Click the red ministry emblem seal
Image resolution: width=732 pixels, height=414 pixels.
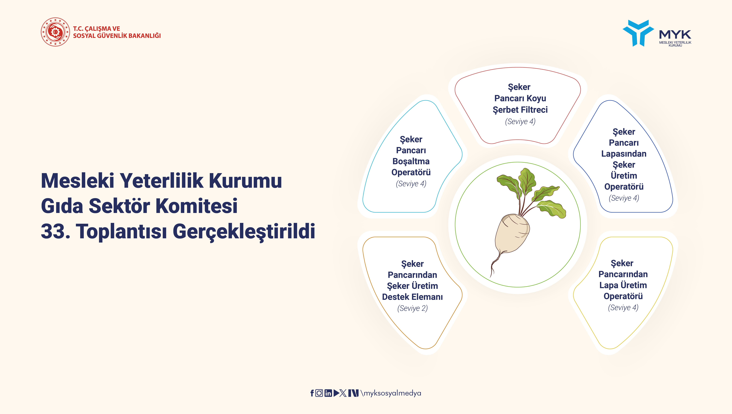point(55,32)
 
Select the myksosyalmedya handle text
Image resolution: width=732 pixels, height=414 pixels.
point(391,393)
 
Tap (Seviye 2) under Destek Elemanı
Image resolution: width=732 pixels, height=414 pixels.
point(412,308)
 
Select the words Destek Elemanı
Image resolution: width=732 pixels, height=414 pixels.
point(412,297)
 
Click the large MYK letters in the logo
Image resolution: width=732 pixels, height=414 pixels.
point(675,34)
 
